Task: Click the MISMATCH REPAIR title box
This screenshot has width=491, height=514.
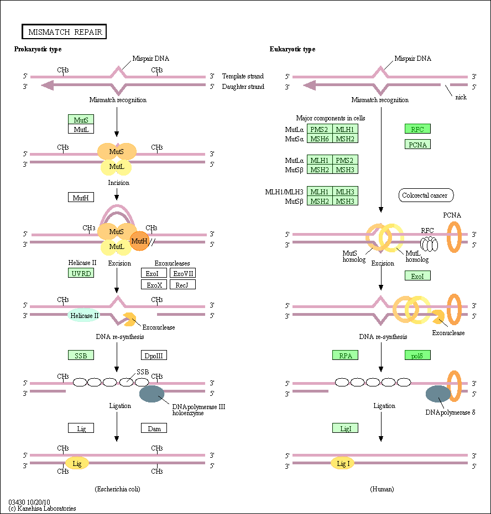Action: coord(64,31)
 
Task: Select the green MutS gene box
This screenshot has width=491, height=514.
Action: coord(81,119)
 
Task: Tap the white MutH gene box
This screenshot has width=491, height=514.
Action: coord(81,197)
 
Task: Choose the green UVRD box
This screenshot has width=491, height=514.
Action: coord(81,273)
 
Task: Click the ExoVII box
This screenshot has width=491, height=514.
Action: coord(183,273)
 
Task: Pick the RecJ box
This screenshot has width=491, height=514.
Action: coord(183,284)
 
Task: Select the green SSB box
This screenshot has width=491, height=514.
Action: coord(81,355)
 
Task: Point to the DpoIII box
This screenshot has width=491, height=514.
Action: coord(154,355)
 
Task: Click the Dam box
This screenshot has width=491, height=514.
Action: coord(154,428)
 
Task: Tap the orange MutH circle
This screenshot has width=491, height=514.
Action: coord(139,241)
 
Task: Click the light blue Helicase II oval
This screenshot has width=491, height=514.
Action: coord(84,315)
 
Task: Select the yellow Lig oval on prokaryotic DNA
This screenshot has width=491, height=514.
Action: coord(77,463)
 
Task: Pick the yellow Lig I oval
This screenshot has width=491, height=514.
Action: coord(343,464)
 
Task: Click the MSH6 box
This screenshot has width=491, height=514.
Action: coord(320,139)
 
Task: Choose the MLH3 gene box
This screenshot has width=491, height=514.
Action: coord(345,191)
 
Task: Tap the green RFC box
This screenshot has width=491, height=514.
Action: coord(417,129)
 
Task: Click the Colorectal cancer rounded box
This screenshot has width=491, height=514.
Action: coord(426,195)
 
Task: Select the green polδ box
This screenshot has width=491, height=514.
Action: coord(417,355)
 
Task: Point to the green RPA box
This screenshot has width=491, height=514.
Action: coord(345,355)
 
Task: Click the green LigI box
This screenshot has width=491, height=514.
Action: coord(345,428)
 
